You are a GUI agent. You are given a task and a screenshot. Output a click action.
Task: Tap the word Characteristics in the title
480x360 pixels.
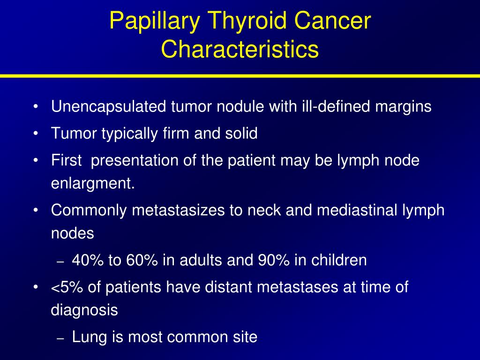[x=240, y=49]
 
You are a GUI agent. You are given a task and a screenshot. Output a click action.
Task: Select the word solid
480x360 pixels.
[x=241, y=133]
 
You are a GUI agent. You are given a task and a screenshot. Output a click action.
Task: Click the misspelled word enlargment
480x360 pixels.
[x=93, y=184]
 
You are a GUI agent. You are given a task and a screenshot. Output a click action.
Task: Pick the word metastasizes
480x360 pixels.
[x=179, y=210]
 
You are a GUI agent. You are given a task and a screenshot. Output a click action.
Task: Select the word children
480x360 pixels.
[x=339, y=260]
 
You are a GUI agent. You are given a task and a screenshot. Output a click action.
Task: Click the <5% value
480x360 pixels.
[x=67, y=287]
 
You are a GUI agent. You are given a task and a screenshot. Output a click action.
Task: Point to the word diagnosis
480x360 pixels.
[x=84, y=310]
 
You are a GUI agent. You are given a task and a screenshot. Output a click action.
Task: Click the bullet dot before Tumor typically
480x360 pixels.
[x=36, y=134]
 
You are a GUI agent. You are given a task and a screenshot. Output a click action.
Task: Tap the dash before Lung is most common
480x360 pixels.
[x=60, y=338]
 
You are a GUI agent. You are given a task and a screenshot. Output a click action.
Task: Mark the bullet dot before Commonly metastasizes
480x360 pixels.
[x=36, y=210]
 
